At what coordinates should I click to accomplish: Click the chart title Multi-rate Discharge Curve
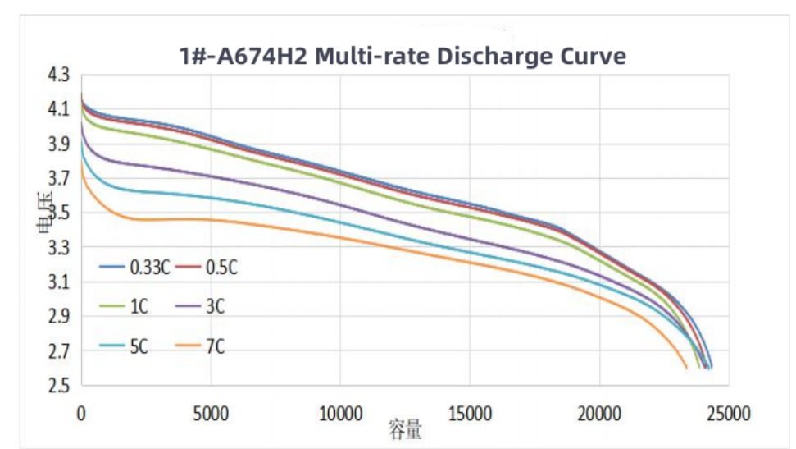pos(403,56)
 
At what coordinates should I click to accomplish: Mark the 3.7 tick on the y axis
pos(61,179)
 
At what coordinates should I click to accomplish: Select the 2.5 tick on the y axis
pos(61,386)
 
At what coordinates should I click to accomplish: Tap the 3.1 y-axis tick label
pos(61,282)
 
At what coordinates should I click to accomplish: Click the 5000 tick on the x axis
pos(211,413)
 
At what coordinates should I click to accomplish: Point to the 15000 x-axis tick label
pos(470,413)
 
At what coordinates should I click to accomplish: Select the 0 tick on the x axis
pos(81,413)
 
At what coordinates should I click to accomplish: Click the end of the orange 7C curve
pos(687,369)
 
